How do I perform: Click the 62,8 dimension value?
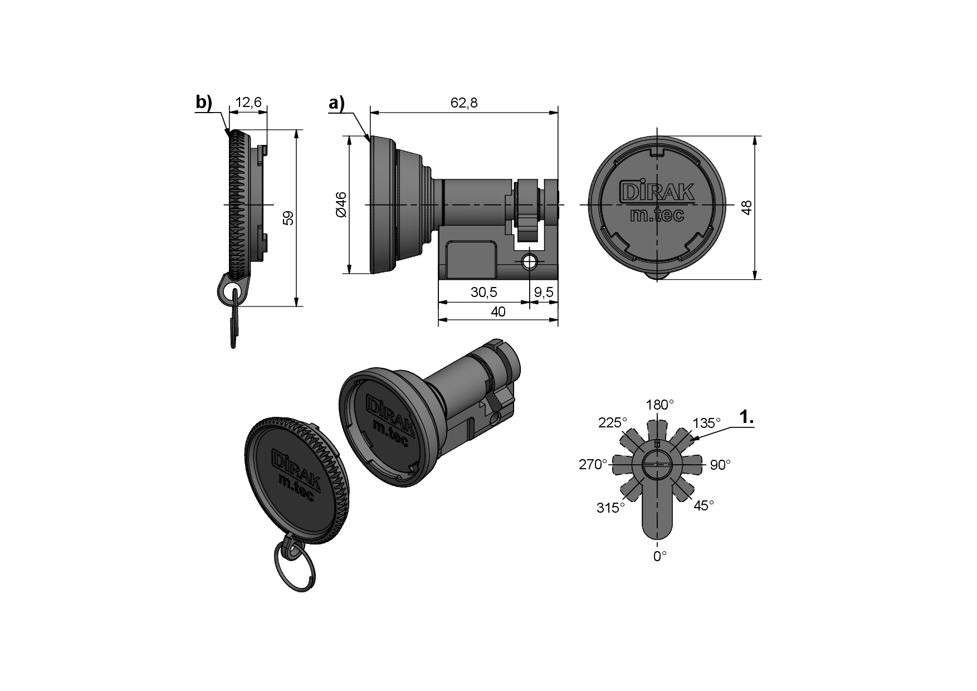[464, 103]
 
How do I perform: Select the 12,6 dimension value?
[248, 103]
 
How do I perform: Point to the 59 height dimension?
[288, 218]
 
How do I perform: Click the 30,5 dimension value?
[483, 292]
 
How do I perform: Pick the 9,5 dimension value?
[544, 292]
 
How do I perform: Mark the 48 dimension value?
[748, 207]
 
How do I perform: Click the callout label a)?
[337, 103]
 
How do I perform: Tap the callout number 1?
[746, 417]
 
